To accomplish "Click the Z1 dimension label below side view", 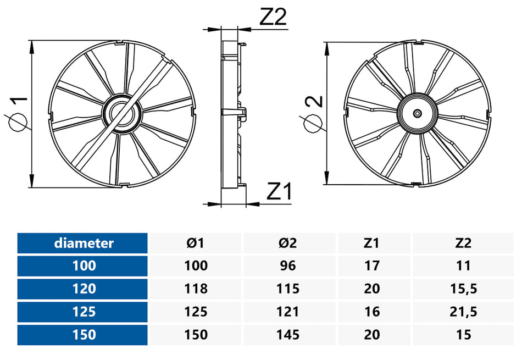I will click(x=280, y=192).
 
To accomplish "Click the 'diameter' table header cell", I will click(x=84, y=243).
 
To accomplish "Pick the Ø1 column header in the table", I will click(x=196, y=243).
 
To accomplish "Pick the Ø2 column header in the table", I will click(x=288, y=243).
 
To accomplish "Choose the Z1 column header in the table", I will click(x=372, y=243).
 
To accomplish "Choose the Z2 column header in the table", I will click(x=463, y=243).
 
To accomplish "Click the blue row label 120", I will click(x=84, y=289).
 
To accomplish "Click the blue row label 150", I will click(x=84, y=335).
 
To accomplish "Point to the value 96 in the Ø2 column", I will click(x=288, y=266).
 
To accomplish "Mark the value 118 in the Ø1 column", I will click(x=196, y=289).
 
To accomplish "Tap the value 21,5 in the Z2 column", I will click(x=463, y=312).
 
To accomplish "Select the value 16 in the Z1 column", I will click(x=372, y=312).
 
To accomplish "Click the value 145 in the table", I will click(x=288, y=335).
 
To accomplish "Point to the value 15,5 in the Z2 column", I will click(x=463, y=289).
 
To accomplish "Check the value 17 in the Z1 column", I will click(x=372, y=266).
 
